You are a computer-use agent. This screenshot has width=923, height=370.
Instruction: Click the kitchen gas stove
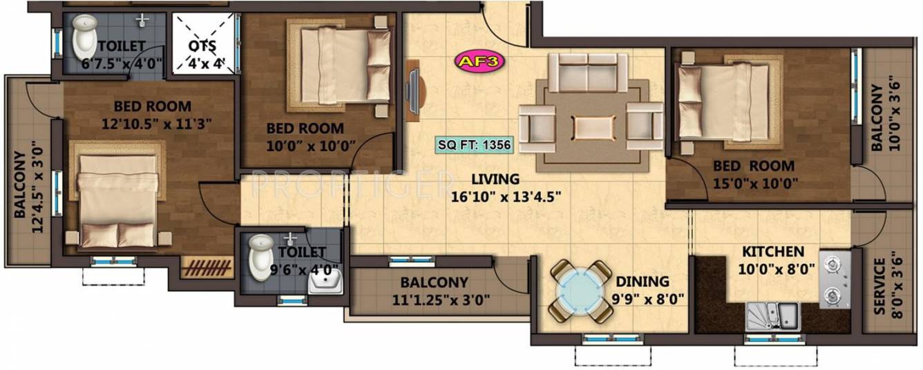(x=836, y=280)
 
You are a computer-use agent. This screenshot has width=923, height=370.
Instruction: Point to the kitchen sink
(x=772, y=316)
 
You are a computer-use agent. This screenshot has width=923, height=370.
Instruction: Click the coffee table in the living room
(x=593, y=128)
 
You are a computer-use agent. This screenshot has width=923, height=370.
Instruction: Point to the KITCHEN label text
(x=773, y=251)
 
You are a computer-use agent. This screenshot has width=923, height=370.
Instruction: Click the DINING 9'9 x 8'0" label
(x=643, y=291)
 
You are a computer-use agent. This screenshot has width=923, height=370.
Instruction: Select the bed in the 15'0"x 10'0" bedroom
(x=723, y=100)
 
